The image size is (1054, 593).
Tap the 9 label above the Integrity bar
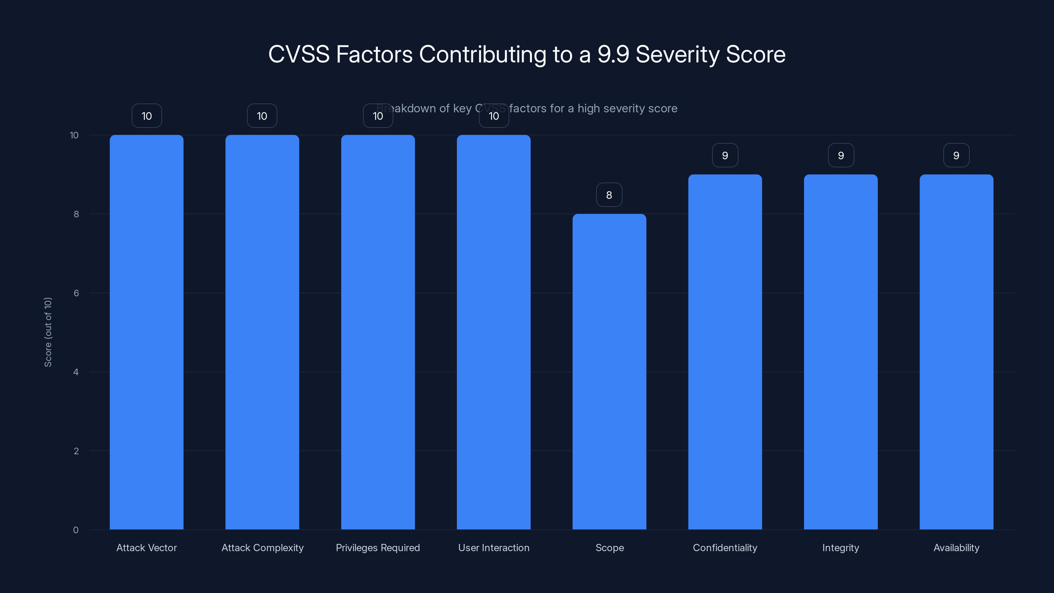point(841,155)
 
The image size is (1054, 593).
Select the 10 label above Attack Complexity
point(262,116)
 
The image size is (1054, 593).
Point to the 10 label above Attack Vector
point(147,116)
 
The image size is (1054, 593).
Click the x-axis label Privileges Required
point(378,548)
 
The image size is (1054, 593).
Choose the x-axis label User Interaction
point(493,548)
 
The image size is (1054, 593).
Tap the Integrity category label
point(841,548)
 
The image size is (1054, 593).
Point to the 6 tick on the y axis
point(76,293)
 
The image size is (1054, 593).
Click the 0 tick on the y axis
point(76,530)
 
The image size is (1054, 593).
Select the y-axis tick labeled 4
point(76,372)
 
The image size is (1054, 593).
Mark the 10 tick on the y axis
point(74,135)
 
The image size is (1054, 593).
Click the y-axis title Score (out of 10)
point(48,332)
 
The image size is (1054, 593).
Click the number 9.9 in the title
point(613,54)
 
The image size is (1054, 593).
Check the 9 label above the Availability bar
point(956,155)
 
